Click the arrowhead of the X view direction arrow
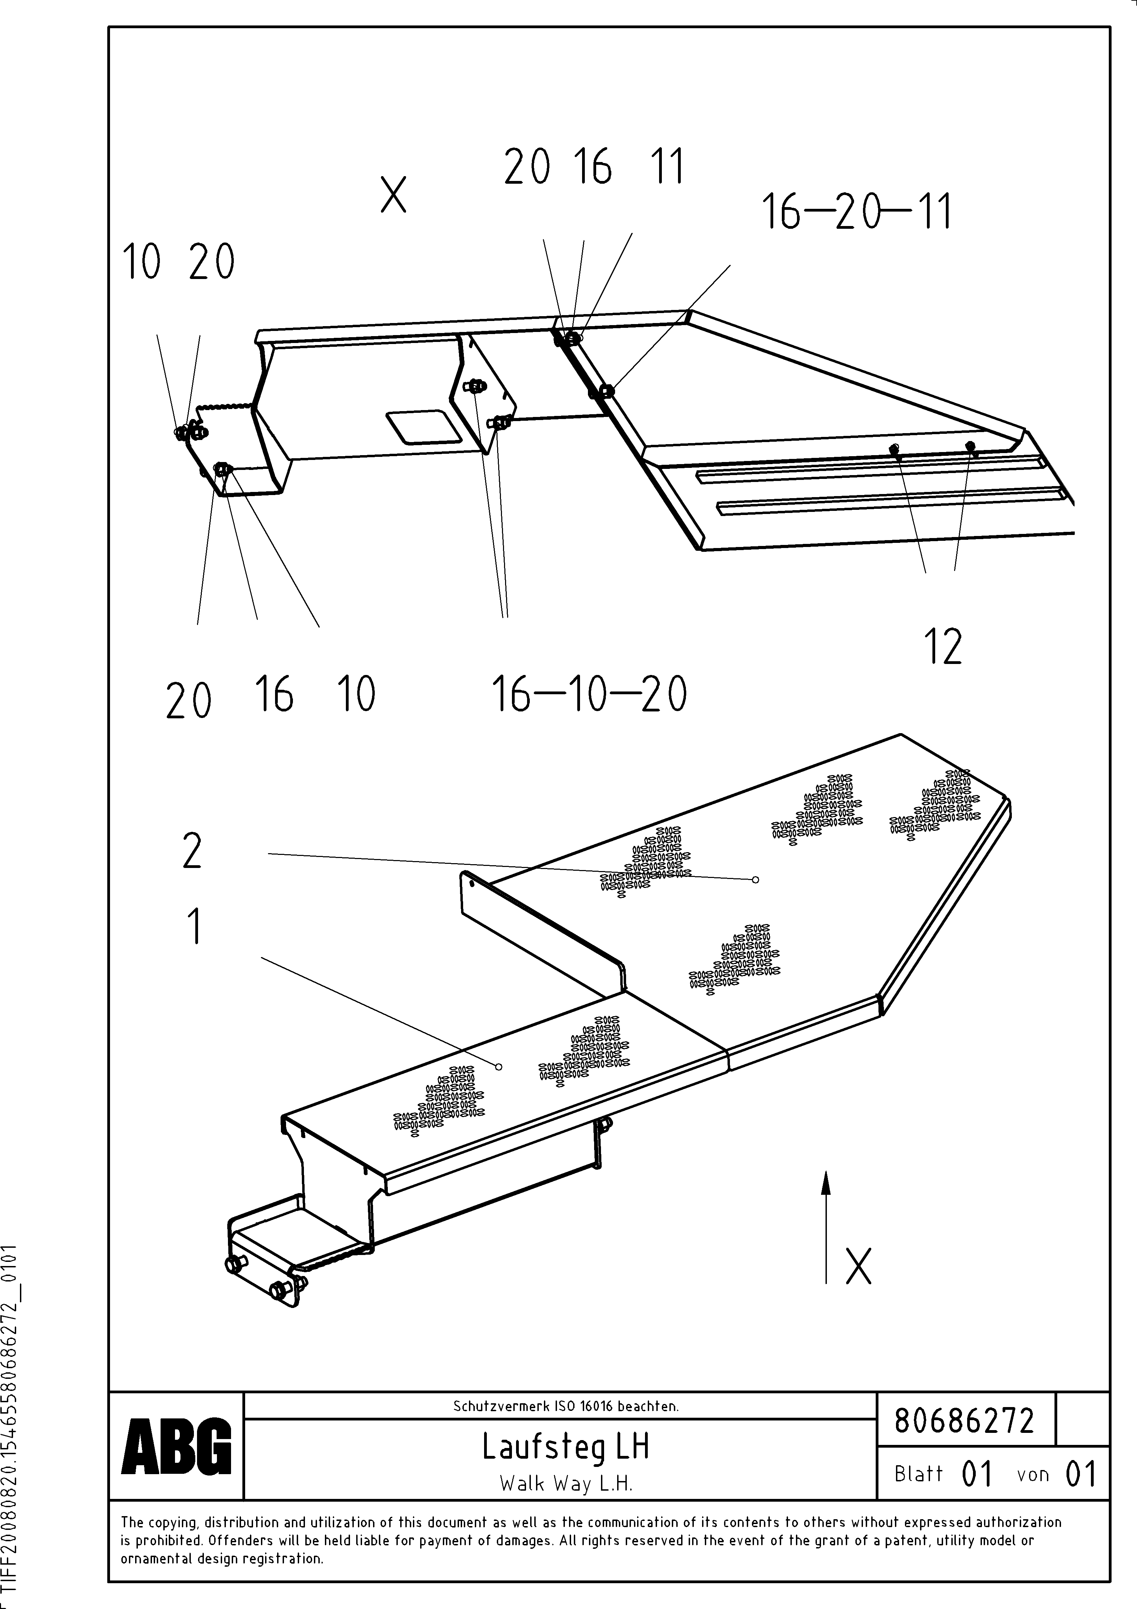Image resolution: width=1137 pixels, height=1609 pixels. (x=826, y=1183)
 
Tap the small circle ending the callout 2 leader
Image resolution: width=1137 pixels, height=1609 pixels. (x=755, y=879)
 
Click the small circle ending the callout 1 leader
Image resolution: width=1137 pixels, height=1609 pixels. (x=499, y=1066)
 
